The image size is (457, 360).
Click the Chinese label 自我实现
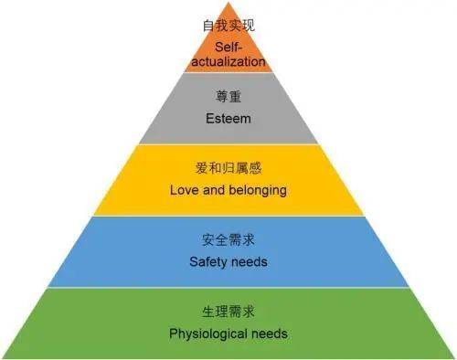pos(228,26)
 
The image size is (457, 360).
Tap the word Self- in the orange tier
pos(228,48)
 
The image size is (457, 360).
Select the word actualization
pos(228,61)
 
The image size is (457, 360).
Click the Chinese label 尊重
pos(228,97)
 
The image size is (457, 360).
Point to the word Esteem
pos(228,119)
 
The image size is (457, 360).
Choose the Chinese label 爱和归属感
pos(228,168)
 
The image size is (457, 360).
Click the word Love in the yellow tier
pos(184,190)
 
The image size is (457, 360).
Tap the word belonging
pos(258,191)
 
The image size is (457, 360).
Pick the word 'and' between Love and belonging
pos(214,190)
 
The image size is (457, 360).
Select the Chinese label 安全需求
pos(228,240)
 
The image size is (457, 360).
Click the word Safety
pos(208,262)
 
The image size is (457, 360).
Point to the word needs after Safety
pos(250,262)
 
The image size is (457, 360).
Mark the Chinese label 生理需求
pos(228,312)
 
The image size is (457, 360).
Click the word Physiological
pos(208,334)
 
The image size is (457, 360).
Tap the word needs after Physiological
pos(270,334)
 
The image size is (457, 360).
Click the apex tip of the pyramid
pos(228,3)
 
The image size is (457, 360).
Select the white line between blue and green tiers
pos(228,287)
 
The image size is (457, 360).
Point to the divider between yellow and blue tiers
pos(228,216)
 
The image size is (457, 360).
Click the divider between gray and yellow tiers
pos(228,143)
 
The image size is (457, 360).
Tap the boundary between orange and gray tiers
pos(228,72)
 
